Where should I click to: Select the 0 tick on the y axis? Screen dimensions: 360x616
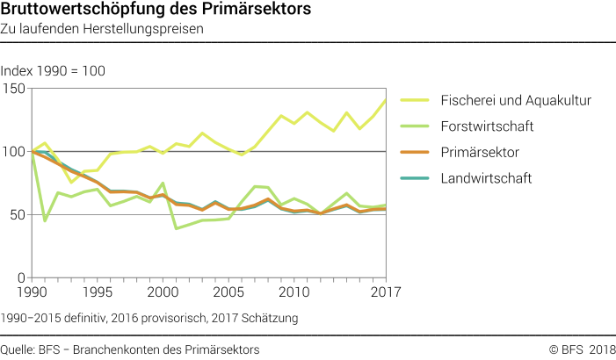coord(23,277)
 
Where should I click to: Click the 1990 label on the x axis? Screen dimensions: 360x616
coord(32,292)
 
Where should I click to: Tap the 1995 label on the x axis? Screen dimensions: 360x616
coord(97,292)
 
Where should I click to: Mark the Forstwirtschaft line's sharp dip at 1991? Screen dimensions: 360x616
coord(45,220)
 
